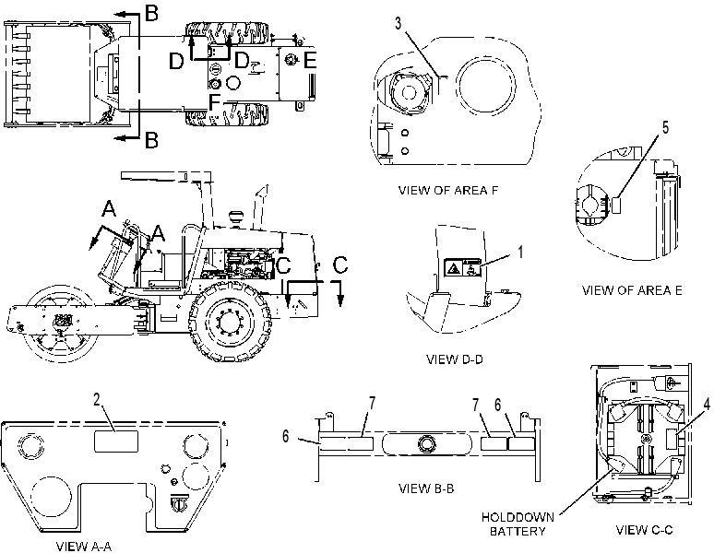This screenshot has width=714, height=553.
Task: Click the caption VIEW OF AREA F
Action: (x=447, y=190)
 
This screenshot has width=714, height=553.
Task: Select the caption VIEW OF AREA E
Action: (x=632, y=290)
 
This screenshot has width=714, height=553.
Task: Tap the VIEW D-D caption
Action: (x=455, y=359)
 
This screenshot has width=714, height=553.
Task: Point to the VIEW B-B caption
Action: (x=426, y=488)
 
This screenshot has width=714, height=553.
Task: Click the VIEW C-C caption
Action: (x=644, y=529)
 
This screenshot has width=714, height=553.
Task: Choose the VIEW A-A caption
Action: (x=84, y=547)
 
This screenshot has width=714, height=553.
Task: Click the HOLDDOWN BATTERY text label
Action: (x=518, y=524)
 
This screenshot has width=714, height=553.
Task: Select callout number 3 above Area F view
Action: (x=398, y=24)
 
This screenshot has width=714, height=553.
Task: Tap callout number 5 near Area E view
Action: (x=665, y=128)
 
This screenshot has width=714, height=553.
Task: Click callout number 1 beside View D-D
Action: (x=521, y=252)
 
